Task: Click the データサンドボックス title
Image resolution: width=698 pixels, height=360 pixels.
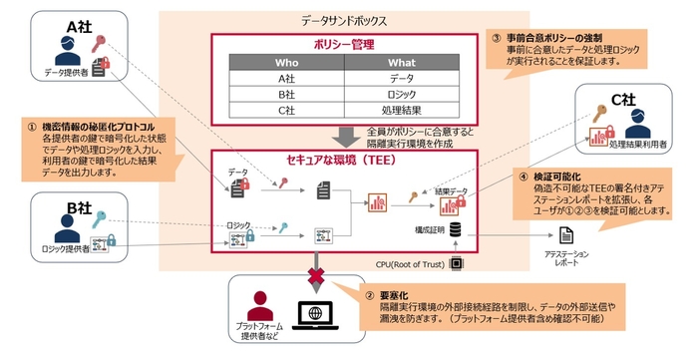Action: [x=344, y=19]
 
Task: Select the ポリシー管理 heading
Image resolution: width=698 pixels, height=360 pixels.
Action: [x=343, y=45]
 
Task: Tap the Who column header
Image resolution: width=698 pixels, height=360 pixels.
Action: [x=287, y=65]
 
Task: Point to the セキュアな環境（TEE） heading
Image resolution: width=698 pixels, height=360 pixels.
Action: [x=343, y=161]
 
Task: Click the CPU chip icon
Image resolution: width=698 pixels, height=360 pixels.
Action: [x=458, y=264]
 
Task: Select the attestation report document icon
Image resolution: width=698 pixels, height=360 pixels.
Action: [x=565, y=236]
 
